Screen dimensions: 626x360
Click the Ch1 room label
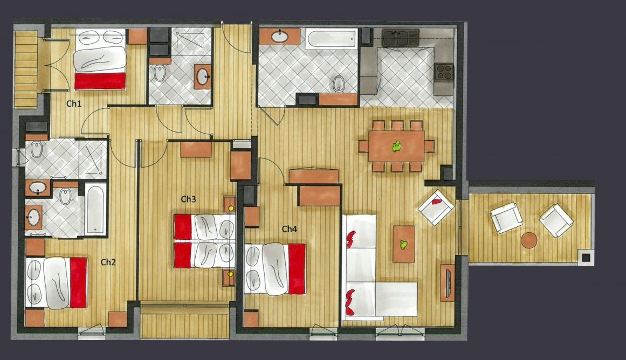pyautogui.click(x=74, y=104)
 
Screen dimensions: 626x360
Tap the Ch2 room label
pyautogui.click(x=108, y=262)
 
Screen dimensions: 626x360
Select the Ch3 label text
pyautogui.click(x=188, y=199)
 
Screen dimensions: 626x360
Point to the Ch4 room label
pyautogui.click(x=290, y=229)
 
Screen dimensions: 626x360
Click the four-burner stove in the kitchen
pyautogui.click(x=444, y=72)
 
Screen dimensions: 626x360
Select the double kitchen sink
pyautogui.click(x=401, y=38)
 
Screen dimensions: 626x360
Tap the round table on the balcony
pyautogui.click(x=529, y=241)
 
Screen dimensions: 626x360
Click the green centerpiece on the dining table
pyautogui.click(x=396, y=147)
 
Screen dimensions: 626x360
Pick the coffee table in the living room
pyautogui.click(x=404, y=244)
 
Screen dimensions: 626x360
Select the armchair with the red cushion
pyautogui.click(x=436, y=207)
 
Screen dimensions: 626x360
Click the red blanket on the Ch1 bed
pyautogui.click(x=100, y=81)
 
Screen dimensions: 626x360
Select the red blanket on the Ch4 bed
pyautogui.click(x=297, y=268)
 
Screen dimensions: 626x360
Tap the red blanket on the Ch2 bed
pyautogui.click(x=79, y=282)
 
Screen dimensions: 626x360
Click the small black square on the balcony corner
pyautogui.click(x=585, y=258)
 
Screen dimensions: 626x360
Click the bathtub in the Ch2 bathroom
pyautogui.click(x=95, y=210)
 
